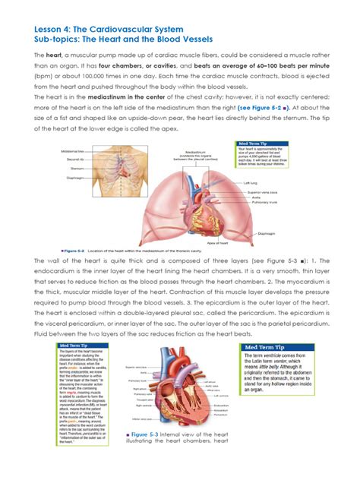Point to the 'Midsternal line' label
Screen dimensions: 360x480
(74, 152)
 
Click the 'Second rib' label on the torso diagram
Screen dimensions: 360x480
(75, 159)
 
